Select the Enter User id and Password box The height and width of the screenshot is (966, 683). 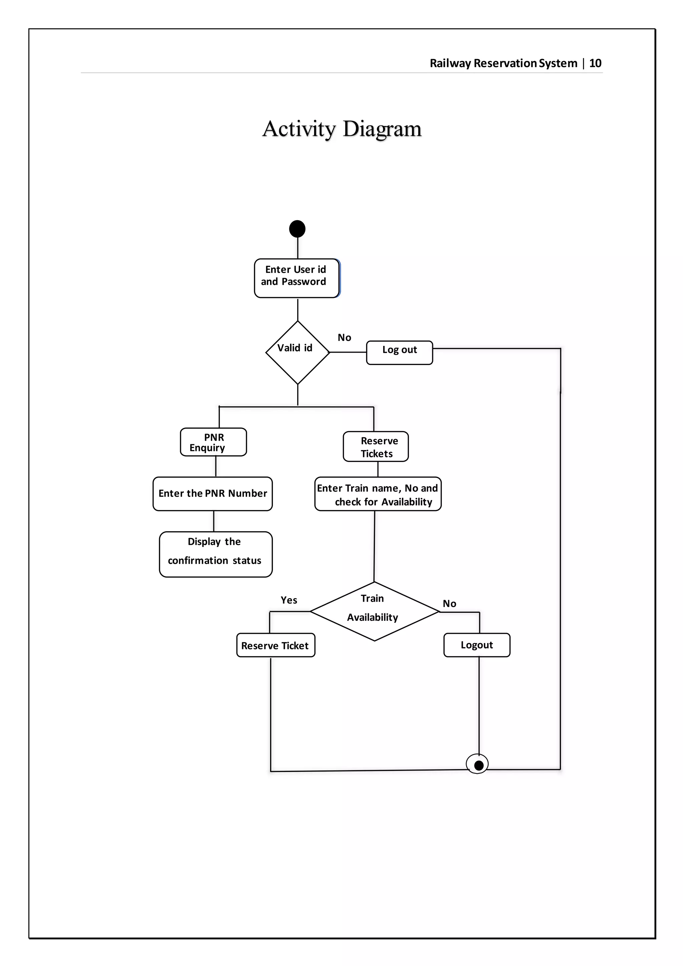point(296,278)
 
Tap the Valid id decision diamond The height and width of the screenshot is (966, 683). point(297,352)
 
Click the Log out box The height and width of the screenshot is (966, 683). point(399,352)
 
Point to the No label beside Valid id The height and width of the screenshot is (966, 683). point(344,338)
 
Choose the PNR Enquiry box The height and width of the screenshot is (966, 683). point(213,442)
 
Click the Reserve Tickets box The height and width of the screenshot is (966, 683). point(376,446)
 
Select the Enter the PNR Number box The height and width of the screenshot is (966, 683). point(212,494)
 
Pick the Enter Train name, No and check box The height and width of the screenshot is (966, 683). point(378,494)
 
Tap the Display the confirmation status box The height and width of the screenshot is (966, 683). point(215,554)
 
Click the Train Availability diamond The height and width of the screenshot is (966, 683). point(374,611)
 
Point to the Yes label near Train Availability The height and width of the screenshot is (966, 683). point(288,600)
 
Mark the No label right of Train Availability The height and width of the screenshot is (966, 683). point(449,604)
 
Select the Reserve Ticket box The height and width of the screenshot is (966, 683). point(275,645)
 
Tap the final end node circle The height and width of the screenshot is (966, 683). point(477,764)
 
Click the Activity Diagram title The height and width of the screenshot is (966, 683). point(341,129)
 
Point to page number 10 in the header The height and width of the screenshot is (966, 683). point(595,63)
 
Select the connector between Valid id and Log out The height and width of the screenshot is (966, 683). point(348,352)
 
